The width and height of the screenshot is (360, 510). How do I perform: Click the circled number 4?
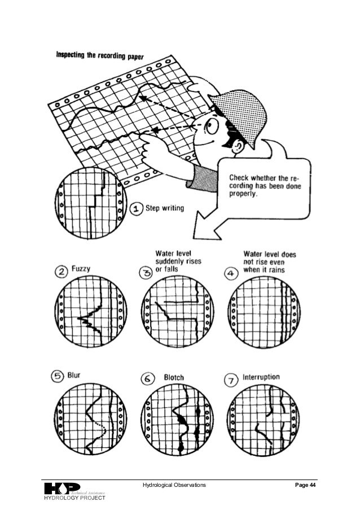click(x=231, y=273)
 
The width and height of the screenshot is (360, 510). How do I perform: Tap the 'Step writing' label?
click(x=165, y=208)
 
